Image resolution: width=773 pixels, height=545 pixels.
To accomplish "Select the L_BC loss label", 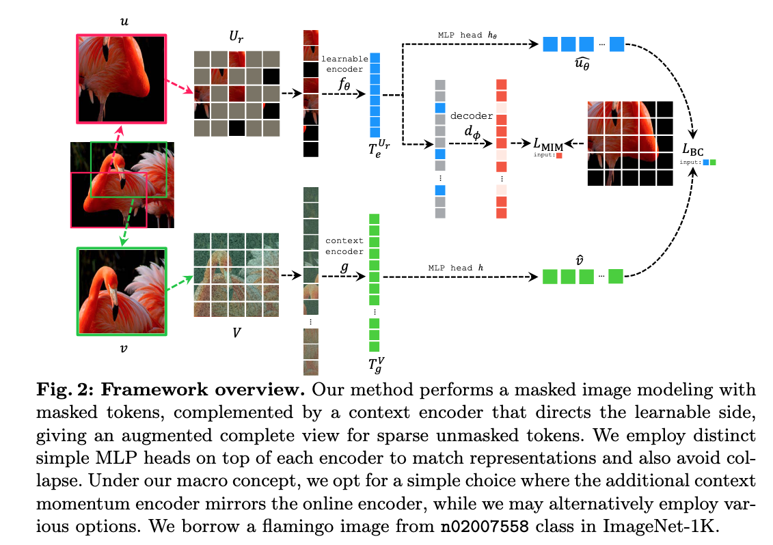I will (696, 150).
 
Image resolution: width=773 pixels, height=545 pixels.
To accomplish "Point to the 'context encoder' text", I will (344, 246).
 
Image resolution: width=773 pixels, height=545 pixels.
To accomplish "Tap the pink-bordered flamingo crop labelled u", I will (121, 79).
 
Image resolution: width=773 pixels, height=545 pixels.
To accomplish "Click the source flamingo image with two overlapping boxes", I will (122, 184).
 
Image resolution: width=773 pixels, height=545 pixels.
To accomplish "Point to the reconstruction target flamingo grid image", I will (630, 143).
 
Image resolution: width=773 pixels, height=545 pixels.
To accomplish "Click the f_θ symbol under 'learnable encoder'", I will (344, 85).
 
